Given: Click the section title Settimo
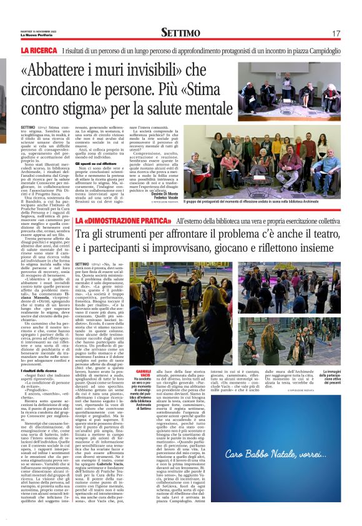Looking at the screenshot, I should (180, 32).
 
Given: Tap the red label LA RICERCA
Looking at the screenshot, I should (39, 50).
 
